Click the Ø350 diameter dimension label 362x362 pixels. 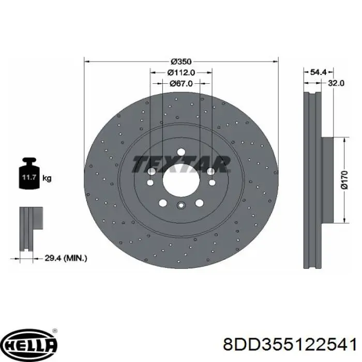181,62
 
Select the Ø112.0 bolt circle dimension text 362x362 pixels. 181,72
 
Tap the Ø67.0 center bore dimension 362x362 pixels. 181,83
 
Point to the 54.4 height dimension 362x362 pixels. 318,72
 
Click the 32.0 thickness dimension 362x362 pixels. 336,83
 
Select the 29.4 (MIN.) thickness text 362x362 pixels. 66,258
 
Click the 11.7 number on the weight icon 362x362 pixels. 29,177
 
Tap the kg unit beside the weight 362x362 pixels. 47,178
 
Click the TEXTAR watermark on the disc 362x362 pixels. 181,164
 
